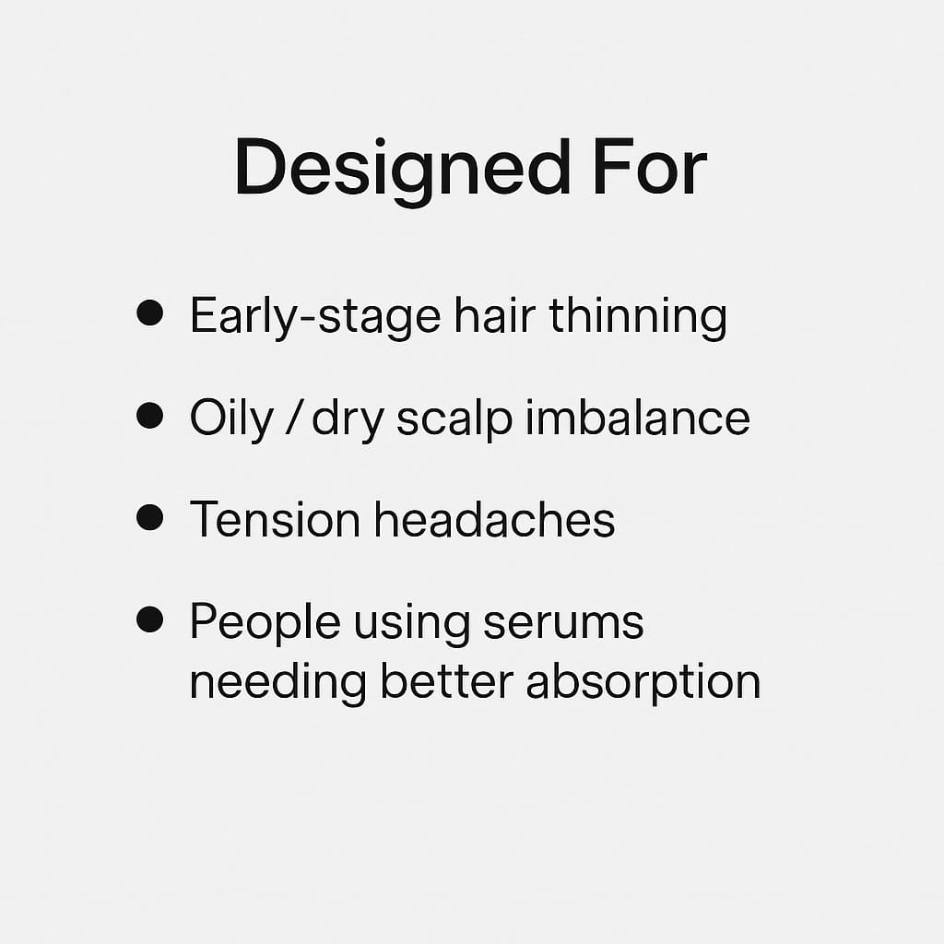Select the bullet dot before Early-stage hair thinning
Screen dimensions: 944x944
pyautogui.click(x=148, y=313)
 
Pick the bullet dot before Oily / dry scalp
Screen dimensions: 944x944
pyautogui.click(x=148, y=416)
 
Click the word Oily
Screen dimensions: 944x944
pyautogui.click(x=219, y=420)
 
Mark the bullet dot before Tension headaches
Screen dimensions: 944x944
pyautogui.click(x=148, y=517)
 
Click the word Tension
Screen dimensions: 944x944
pyautogui.click(x=275, y=520)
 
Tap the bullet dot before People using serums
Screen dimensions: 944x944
pyautogui.click(x=148, y=619)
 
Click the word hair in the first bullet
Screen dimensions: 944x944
pyautogui.click(x=494, y=316)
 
